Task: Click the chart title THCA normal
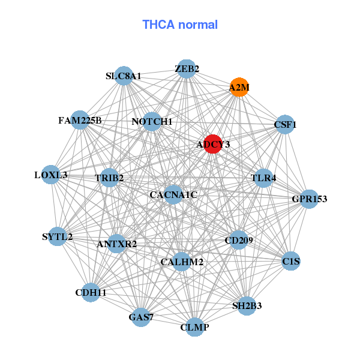(x=179, y=25)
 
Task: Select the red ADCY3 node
(x=213, y=144)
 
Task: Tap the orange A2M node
(x=239, y=87)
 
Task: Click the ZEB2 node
(x=187, y=68)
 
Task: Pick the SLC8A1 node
(x=124, y=76)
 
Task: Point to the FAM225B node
(x=80, y=120)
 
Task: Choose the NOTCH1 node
(x=152, y=122)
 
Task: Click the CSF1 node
(x=285, y=125)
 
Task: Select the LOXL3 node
(x=51, y=175)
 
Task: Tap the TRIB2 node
(x=109, y=178)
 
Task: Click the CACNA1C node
(x=173, y=194)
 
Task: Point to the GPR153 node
(x=309, y=199)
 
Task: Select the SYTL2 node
(x=58, y=236)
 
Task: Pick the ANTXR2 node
(x=117, y=244)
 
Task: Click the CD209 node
(x=239, y=241)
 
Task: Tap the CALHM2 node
(x=182, y=262)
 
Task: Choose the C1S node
(x=291, y=261)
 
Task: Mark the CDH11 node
(x=91, y=292)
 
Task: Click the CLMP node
(x=194, y=327)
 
